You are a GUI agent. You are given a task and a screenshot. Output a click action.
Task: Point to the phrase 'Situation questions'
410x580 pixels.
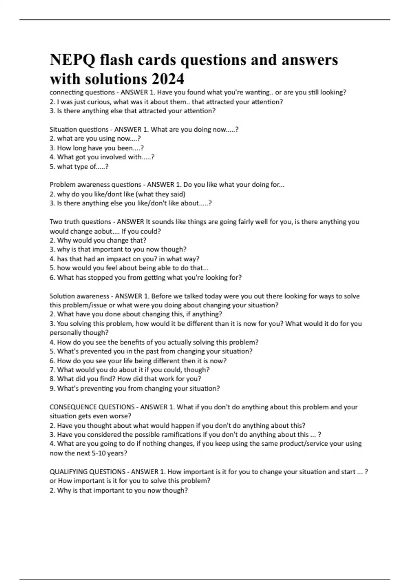point(79,129)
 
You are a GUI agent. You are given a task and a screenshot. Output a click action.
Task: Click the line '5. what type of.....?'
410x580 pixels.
point(79,166)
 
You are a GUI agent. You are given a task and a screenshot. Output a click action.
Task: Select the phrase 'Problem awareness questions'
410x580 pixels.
point(95,185)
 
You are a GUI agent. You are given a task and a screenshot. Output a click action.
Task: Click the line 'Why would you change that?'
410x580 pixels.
point(101,240)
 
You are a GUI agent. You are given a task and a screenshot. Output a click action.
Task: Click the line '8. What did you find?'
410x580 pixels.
point(126,379)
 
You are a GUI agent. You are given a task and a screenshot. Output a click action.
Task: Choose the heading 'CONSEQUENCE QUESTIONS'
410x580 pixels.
point(92,407)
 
